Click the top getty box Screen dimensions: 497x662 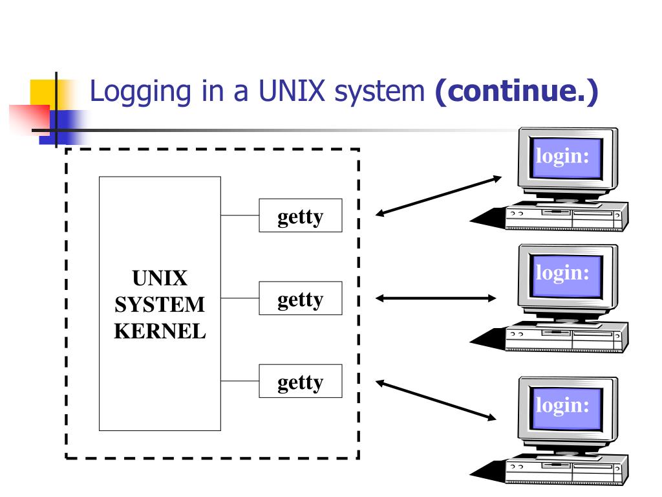pyautogui.click(x=300, y=215)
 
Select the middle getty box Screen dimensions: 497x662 pyautogui.click(x=300, y=298)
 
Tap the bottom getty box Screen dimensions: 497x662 pyautogui.click(x=300, y=381)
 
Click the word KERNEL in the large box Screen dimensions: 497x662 pyautogui.click(x=160, y=331)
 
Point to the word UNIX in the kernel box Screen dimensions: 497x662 pyautogui.click(x=160, y=279)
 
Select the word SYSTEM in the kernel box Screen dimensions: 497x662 pyautogui.click(x=160, y=305)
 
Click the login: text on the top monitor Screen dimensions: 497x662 pyautogui.click(x=562, y=157)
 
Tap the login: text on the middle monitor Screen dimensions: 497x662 pyautogui.click(x=562, y=272)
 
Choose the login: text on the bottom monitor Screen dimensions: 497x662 pyautogui.click(x=562, y=405)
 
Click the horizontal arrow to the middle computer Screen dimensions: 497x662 pyautogui.click(x=436, y=298)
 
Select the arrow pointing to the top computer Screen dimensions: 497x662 pyautogui.click(x=439, y=195)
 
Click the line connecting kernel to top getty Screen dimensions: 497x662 pyautogui.click(x=240, y=215)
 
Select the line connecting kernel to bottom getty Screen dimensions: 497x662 pyautogui.click(x=240, y=381)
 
